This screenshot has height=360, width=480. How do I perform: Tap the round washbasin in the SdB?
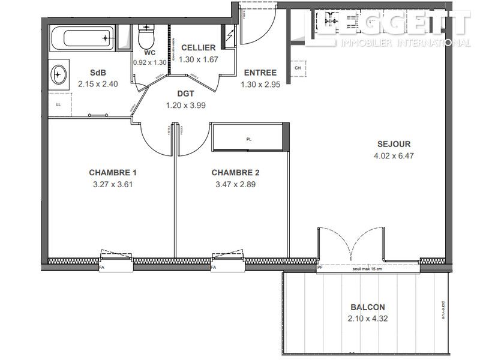pyautogui.click(x=60, y=75)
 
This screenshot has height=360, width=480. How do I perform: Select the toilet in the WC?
pyautogui.click(x=146, y=40)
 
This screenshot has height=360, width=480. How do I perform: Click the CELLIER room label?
pyautogui.click(x=194, y=48)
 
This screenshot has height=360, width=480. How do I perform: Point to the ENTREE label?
pyautogui.click(x=260, y=73)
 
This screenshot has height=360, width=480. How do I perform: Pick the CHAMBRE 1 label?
pyautogui.click(x=112, y=173)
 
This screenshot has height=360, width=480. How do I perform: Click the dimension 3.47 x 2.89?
pyautogui.click(x=235, y=184)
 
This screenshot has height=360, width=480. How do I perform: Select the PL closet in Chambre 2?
pyautogui.click(x=248, y=139)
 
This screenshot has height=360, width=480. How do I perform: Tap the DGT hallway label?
pyautogui.click(x=185, y=94)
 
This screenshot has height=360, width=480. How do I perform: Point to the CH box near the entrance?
pyautogui.click(x=298, y=68)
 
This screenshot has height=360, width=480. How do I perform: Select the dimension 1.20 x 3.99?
pyautogui.click(x=185, y=105)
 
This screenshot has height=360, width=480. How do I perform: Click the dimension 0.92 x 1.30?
pyautogui.click(x=149, y=62)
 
